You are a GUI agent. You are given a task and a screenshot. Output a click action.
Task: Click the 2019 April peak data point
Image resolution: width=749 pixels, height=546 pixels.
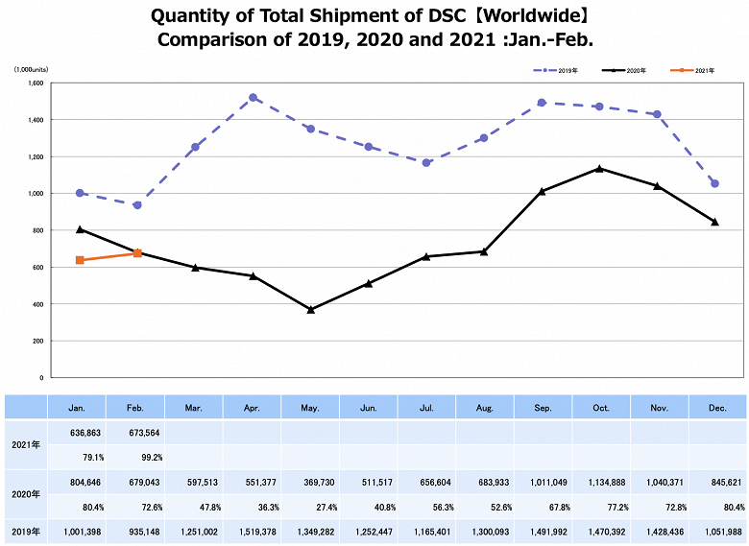[253, 98]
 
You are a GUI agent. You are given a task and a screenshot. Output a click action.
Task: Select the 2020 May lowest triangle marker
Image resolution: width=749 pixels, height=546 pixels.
[310, 310]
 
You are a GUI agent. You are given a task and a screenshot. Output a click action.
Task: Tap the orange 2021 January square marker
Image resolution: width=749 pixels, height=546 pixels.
[79, 260]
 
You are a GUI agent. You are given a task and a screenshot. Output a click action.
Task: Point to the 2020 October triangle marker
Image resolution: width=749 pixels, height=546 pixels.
[600, 169]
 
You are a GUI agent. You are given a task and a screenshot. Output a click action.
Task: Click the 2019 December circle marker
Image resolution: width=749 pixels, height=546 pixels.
[714, 183]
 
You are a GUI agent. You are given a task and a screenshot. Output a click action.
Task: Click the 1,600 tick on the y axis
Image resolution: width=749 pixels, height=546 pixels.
[36, 83]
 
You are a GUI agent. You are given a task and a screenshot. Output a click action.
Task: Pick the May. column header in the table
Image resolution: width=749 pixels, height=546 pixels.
[310, 408]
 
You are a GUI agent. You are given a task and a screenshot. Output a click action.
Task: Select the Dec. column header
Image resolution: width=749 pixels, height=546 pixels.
[716, 408]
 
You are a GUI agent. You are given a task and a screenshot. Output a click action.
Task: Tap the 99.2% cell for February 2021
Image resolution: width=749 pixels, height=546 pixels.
[135, 457]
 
